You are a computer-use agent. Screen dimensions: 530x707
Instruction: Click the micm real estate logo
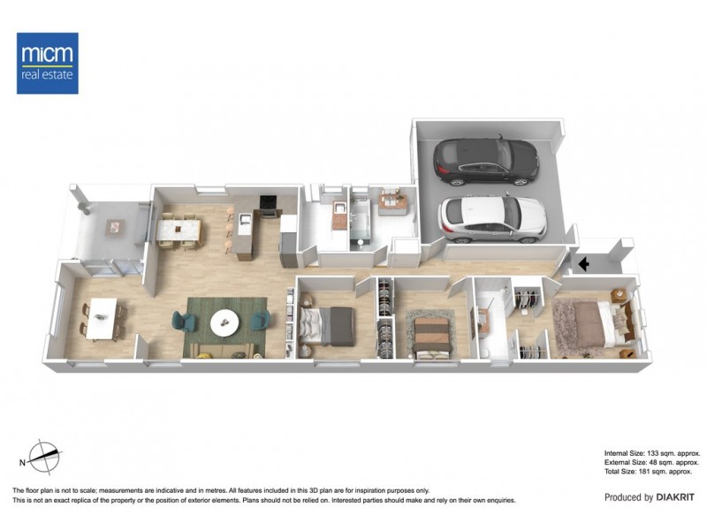[48, 63]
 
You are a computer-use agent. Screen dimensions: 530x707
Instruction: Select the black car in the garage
[485, 160]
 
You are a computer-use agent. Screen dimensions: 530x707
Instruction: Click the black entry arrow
[583, 262]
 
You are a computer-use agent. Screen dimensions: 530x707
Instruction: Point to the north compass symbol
[45, 457]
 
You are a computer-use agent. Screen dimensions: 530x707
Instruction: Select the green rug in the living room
[225, 327]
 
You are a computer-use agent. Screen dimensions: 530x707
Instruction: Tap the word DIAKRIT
[679, 497]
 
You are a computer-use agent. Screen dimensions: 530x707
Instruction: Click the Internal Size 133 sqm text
[652, 452]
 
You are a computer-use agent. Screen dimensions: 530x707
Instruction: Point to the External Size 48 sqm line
[652, 462]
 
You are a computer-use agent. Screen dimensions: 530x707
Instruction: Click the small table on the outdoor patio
[114, 227]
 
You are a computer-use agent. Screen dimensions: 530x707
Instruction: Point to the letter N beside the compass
[22, 462]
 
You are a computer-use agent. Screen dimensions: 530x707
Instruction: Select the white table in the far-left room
[102, 317]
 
